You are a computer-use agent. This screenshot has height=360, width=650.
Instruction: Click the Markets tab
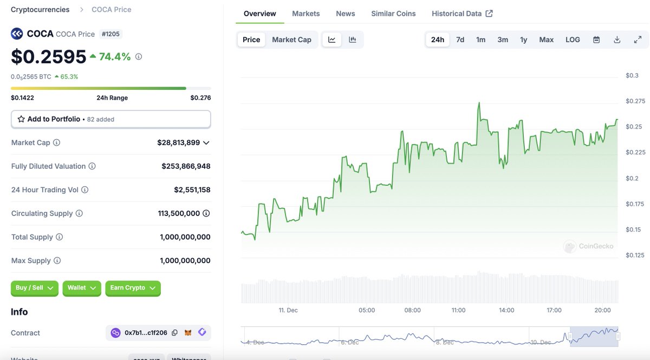point(305,14)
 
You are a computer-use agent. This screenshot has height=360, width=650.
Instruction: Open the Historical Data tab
point(461,14)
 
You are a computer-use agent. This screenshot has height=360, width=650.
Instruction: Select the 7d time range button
point(460,40)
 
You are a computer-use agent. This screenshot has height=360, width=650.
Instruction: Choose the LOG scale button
point(573,40)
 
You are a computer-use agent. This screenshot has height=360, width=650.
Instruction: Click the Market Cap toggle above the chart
point(291,40)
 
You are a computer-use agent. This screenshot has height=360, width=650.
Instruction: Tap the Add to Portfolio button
point(110,119)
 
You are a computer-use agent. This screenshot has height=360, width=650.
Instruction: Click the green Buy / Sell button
point(35,288)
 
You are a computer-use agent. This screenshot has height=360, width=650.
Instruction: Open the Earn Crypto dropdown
point(133,288)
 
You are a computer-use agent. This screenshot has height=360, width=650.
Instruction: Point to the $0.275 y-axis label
point(635,101)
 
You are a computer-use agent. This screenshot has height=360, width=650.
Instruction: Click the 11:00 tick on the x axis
point(458,310)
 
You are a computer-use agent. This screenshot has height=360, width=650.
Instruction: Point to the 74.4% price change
point(114,57)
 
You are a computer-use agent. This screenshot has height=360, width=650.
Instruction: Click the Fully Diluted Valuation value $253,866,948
point(186,166)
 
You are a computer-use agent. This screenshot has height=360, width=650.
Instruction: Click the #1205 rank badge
point(111,34)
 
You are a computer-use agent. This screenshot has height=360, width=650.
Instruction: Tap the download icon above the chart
point(617,40)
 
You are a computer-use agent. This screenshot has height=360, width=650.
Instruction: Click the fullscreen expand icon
point(638,40)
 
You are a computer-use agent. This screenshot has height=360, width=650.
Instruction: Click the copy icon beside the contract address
point(174,333)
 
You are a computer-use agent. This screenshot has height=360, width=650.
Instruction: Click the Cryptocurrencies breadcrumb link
point(40,10)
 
